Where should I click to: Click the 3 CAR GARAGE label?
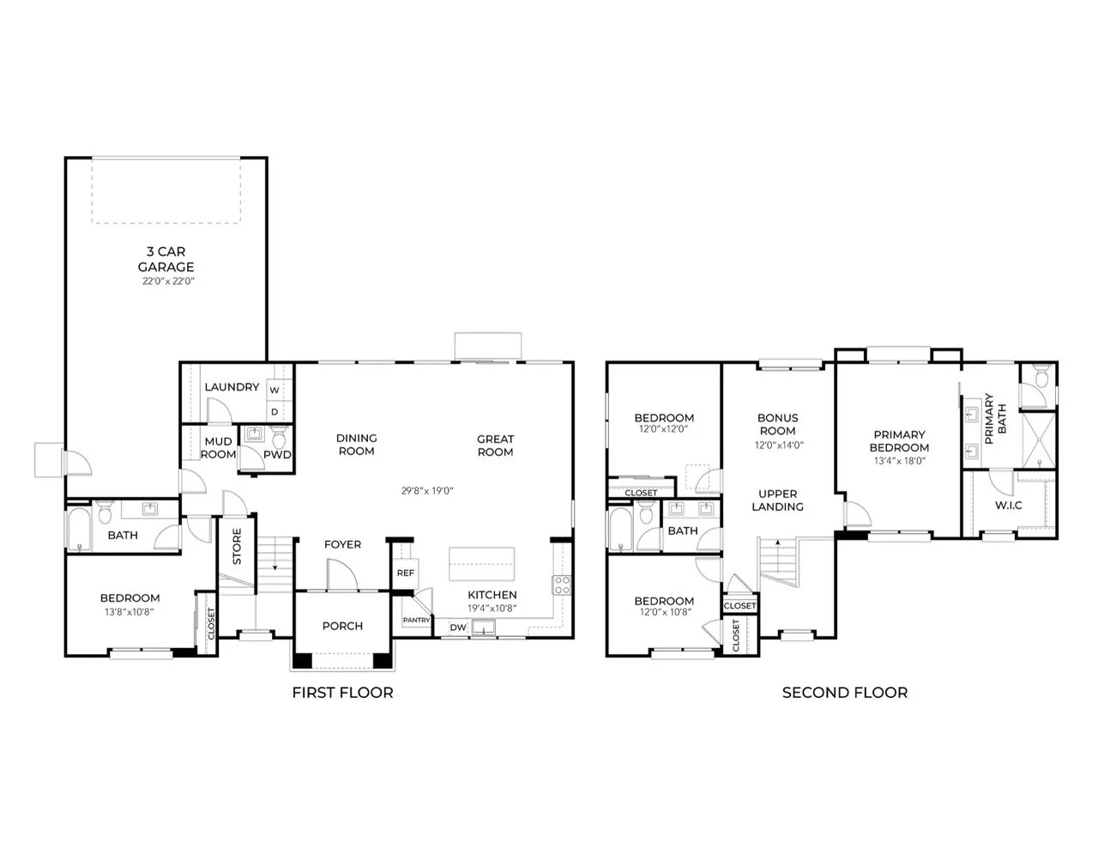(x=166, y=259)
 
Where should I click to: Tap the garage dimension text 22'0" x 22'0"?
(x=168, y=282)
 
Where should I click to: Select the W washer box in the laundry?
(x=274, y=390)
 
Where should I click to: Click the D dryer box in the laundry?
(x=274, y=411)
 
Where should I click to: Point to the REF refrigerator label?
(x=405, y=573)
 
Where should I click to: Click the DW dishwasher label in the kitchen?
(x=458, y=628)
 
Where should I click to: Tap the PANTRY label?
(x=416, y=620)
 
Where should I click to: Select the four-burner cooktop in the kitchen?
(x=562, y=585)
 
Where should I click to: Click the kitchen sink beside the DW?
(x=484, y=628)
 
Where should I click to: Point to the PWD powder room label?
(x=277, y=455)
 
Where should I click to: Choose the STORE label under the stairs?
(x=237, y=546)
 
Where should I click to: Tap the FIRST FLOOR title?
(x=342, y=693)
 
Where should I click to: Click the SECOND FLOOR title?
(x=845, y=693)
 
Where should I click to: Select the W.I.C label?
(x=1009, y=505)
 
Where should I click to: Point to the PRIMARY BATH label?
(x=995, y=419)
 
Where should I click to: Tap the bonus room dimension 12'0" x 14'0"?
(x=779, y=446)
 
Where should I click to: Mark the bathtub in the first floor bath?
(x=79, y=529)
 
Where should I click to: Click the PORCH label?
(x=342, y=626)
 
